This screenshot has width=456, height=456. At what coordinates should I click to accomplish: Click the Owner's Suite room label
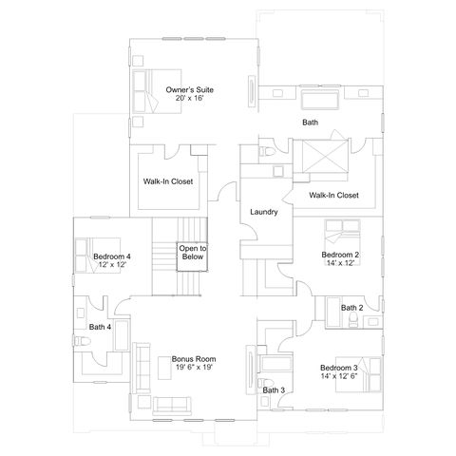tap(190, 89)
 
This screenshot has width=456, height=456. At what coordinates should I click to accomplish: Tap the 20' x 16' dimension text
tap(189, 98)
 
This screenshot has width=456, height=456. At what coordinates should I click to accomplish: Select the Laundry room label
tap(264, 212)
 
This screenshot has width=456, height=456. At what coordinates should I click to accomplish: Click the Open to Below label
tap(193, 253)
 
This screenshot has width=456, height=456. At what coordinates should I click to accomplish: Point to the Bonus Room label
tap(194, 359)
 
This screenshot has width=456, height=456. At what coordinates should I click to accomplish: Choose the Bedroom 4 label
tap(112, 256)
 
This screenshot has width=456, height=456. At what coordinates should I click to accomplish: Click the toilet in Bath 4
tap(82, 341)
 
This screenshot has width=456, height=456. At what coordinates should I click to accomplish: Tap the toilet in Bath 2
tap(352, 320)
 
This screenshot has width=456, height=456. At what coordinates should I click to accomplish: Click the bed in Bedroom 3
tap(358, 375)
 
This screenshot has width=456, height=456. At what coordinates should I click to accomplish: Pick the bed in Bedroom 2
tap(343, 242)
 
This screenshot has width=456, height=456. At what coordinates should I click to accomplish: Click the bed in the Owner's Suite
tap(157, 91)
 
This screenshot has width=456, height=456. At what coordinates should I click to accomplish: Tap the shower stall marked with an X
tap(325, 157)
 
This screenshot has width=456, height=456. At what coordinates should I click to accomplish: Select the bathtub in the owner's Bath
tap(319, 100)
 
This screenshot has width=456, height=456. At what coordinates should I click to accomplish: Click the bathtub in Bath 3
tap(275, 364)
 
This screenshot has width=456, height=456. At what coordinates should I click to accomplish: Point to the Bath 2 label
tap(351, 308)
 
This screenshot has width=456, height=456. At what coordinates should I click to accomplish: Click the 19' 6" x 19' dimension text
tap(194, 368)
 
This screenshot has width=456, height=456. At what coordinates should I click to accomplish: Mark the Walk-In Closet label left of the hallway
tap(168, 181)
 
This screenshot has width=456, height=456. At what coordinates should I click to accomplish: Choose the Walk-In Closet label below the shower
tap(333, 195)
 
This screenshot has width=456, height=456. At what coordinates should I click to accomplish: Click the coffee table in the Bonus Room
tap(164, 368)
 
